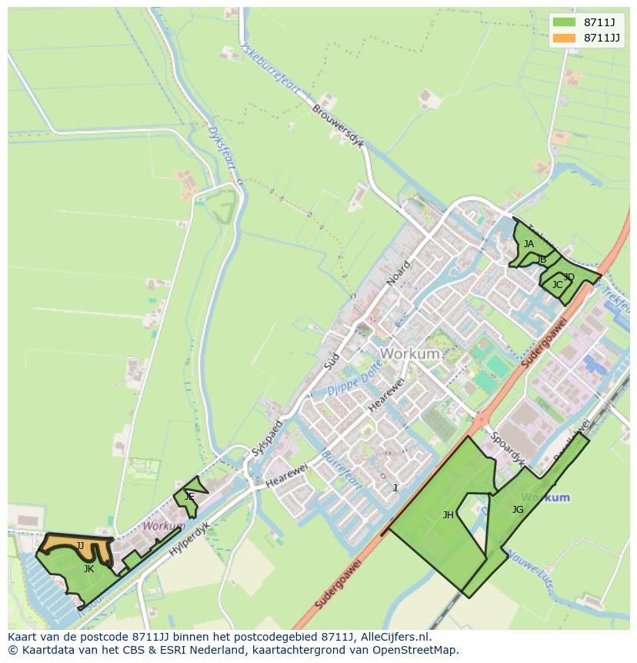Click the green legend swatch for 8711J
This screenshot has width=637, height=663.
tap(564, 22)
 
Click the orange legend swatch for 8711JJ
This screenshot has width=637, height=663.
tap(564, 38)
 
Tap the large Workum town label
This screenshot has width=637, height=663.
tap(410, 354)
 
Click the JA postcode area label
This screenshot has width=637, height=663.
tap(529, 244)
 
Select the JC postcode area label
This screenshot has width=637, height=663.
tap(557, 285)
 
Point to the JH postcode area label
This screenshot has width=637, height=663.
tap(449, 515)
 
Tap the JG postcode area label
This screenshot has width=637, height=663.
tap(518, 509)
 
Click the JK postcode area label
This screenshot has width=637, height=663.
tap(88, 569)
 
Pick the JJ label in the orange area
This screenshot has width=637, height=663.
tap(80, 546)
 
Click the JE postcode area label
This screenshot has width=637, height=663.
tap(189, 497)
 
